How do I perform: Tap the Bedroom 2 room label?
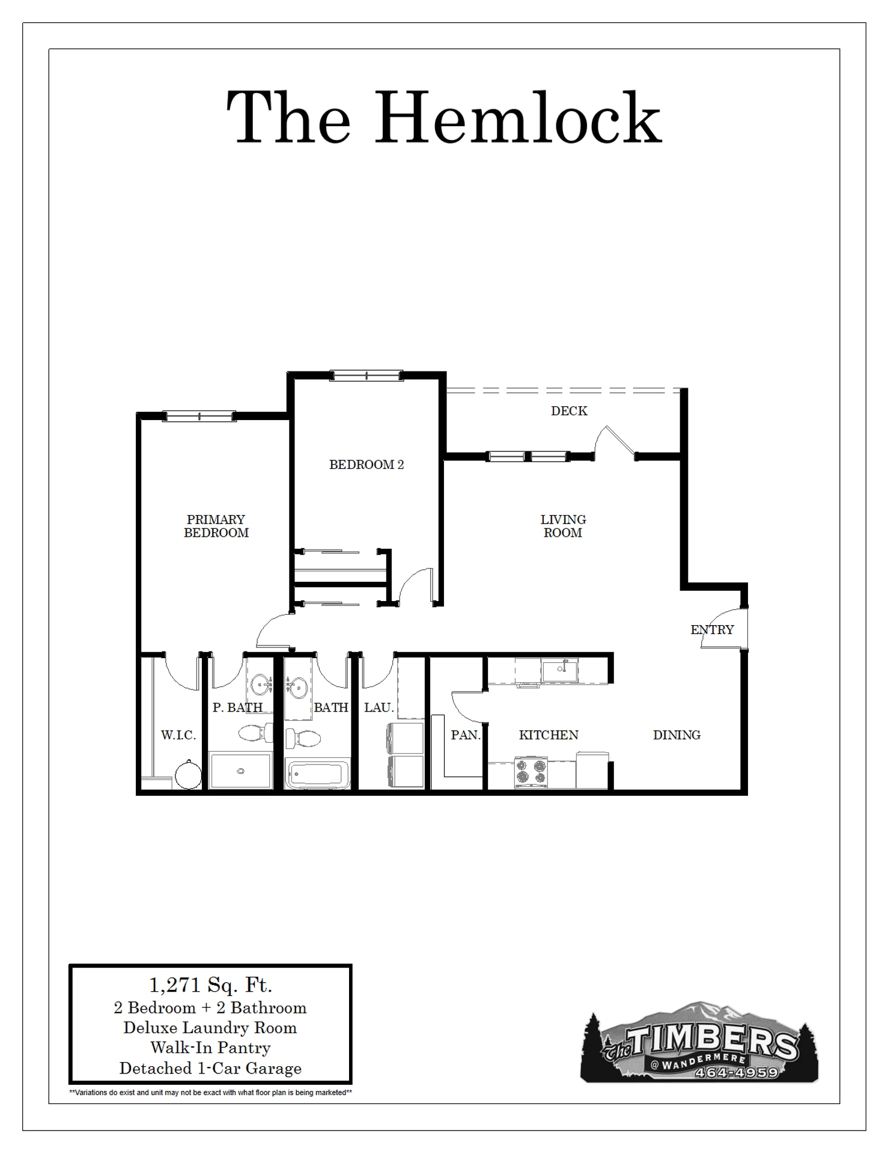pos(366,465)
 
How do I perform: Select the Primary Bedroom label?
pos(216,526)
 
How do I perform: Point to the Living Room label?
pos(563,526)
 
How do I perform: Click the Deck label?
pos(569,411)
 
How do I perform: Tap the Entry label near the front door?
pos(712,630)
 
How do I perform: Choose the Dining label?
pos(677,735)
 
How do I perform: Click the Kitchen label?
pos(549,735)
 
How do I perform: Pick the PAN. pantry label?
pos(466,735)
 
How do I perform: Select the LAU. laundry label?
pos(379,707)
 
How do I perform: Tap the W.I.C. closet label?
pos(178,735)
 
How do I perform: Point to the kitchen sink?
pos(559,670)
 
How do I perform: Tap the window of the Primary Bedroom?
pos(199,416)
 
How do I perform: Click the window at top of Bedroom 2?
pos(366,376)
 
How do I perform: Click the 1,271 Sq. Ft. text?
pos(210,985)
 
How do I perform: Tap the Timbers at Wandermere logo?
pos(699,1046)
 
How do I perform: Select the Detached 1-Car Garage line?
pos(210,1068)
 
